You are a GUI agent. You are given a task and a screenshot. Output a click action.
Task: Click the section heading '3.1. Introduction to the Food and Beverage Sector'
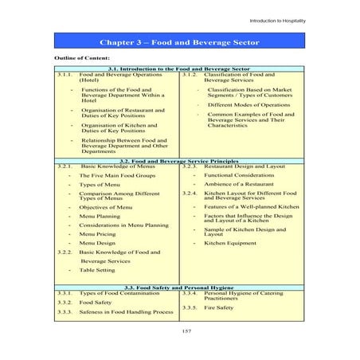[x=179, y=69]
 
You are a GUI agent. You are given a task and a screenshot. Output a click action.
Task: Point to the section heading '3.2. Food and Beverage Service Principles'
[x=179, y=161]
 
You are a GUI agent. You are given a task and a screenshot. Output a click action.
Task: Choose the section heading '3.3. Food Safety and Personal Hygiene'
[x=179, y=286]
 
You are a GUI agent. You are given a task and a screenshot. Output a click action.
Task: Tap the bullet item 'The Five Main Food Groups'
[x=111, y=174]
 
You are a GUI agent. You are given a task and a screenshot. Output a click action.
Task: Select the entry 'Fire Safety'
[x=219, y=307]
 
